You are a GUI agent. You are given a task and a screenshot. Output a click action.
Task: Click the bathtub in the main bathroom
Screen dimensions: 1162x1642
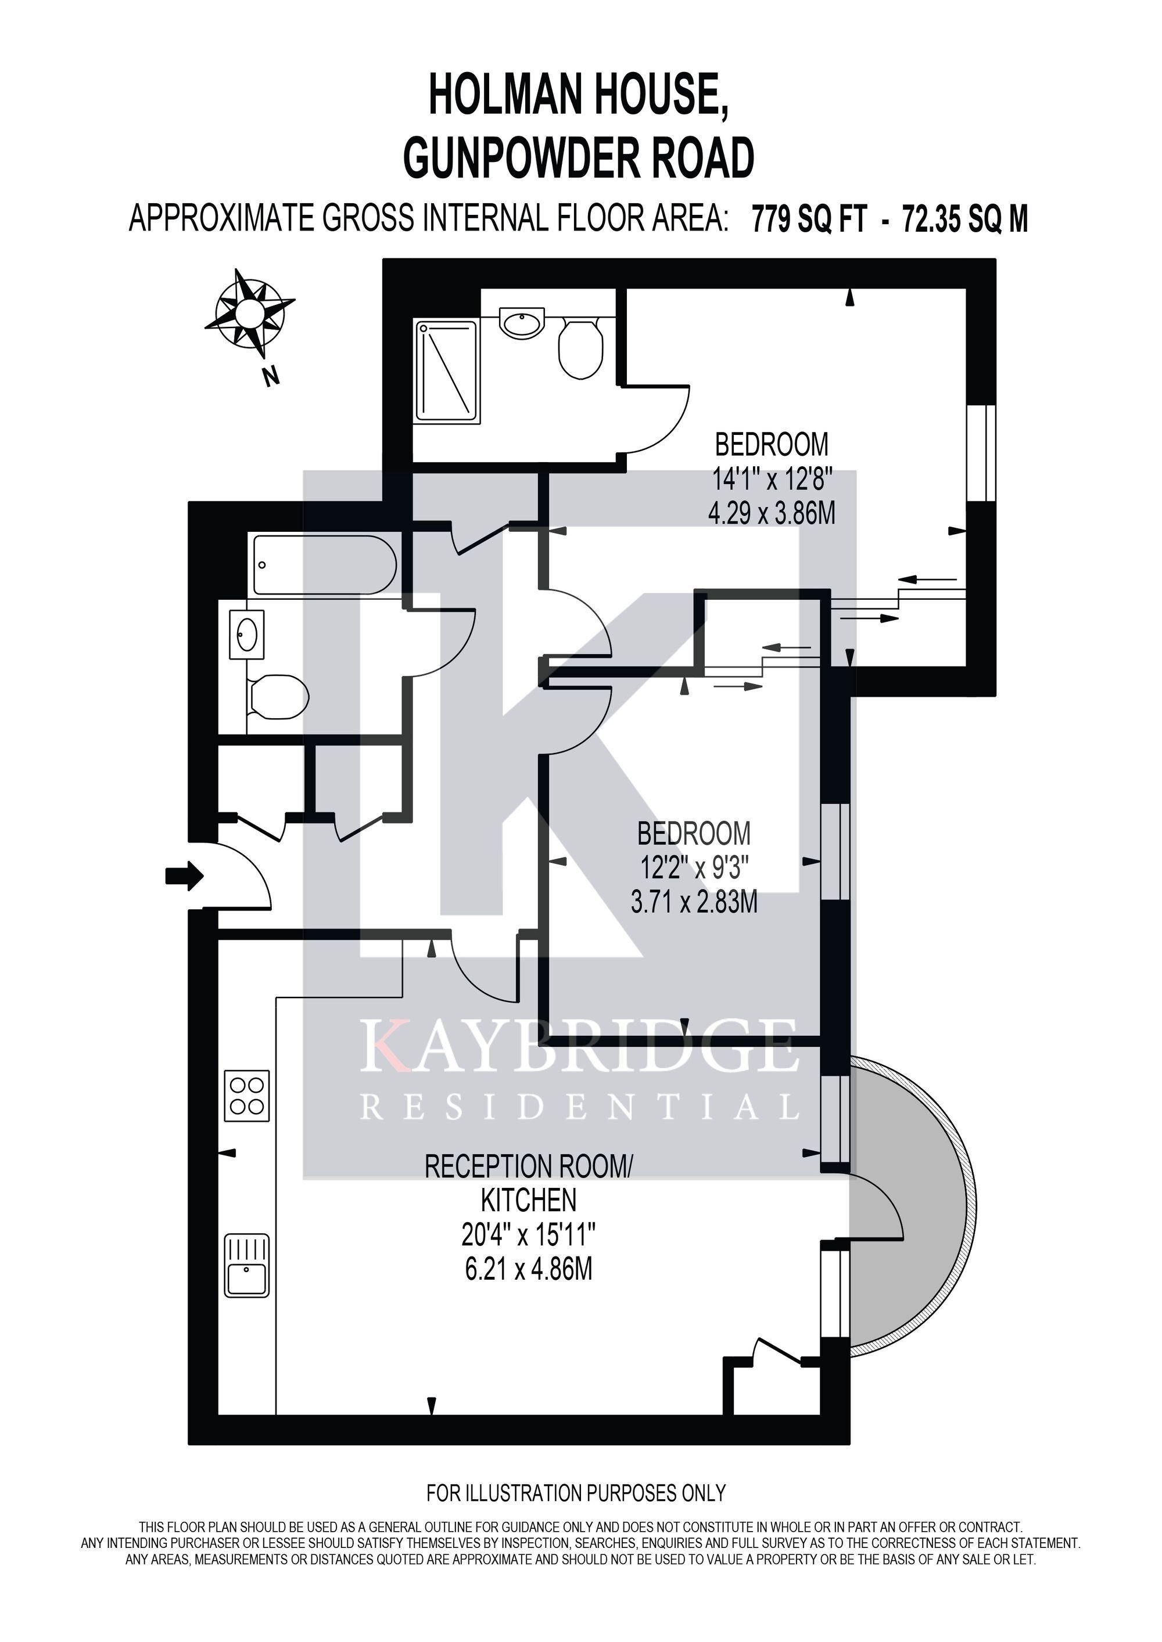tap(325, 565)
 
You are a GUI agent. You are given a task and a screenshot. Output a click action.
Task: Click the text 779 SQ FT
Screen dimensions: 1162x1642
tap(810, 219)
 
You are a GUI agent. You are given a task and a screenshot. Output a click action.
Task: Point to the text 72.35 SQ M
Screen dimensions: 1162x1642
tap(965, 219)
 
